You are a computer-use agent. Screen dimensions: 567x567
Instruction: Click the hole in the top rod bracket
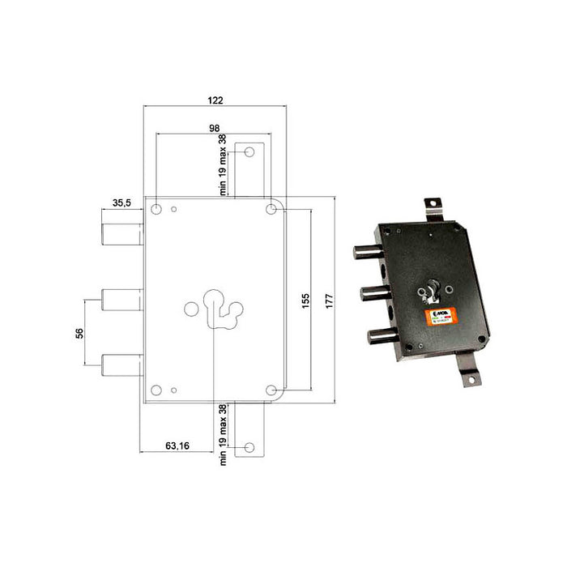(x=249, y=152)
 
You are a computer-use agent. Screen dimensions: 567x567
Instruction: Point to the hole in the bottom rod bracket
(x=249, y=446)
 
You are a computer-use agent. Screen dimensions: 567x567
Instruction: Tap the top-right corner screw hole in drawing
(x=271, y=210)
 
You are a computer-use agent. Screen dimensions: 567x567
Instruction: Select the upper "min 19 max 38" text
(x=223, y=163)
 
